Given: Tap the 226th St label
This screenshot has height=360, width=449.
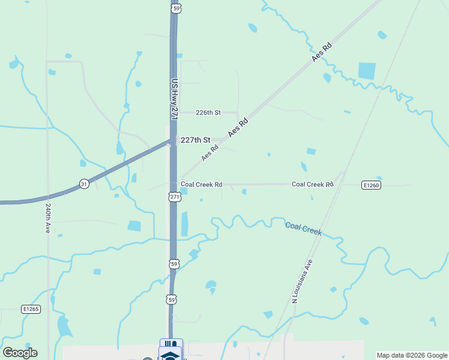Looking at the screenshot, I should coord(209,113).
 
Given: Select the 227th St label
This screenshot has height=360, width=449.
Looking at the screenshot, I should coord(195,140).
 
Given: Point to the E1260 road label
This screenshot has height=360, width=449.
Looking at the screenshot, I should coord(372,185).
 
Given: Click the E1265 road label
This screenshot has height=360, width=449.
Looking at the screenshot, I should coord(31,309).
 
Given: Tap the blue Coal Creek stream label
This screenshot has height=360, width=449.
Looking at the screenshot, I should coord(303,228).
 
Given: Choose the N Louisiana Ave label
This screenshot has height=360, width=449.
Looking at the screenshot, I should coord(303,281).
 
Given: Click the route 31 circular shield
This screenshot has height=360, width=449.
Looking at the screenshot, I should coord(84,184).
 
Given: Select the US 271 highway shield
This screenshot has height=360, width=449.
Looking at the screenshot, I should coord(174,196).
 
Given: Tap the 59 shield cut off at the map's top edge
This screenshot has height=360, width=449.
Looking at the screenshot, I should coord(175,7).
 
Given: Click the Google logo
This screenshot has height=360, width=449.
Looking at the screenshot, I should coord(20,353).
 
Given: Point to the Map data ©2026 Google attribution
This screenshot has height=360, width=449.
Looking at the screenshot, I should coord(412,355).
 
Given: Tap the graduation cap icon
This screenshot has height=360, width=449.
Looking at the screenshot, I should coord(170,356).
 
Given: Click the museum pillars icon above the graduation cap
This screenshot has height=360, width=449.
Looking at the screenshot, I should coord(170,344).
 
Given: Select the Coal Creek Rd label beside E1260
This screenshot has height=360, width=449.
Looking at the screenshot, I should coord(312,184).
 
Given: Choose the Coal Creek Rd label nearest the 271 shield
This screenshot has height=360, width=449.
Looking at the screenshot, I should coord(202,185).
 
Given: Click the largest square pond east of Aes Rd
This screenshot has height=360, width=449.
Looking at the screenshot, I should coord(367,71).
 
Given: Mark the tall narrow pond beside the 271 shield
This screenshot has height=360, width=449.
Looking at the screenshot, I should coord(184,223).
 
